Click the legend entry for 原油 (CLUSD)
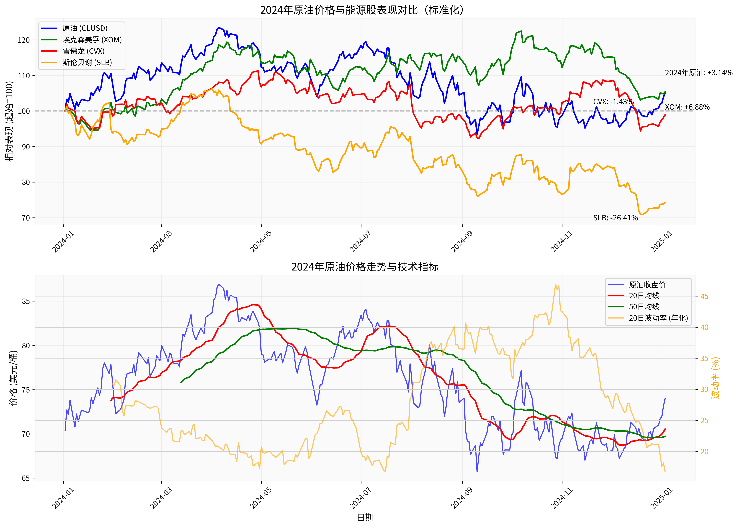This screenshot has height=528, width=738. click(x=84, y=28)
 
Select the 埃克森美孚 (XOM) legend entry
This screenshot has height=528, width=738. click(x=92, y=40)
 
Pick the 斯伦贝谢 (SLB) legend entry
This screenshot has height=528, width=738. click(x=87, y=62)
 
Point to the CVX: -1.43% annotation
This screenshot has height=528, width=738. click(x=613, y=101)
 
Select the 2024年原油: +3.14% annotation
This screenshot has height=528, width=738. click(x=698, y=73)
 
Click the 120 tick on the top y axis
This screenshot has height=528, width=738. click(x=23, y=40)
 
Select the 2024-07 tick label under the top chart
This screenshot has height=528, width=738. click(x=360, y=242)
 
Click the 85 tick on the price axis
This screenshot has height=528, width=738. click(x=26, y=301)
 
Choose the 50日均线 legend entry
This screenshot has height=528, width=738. click(x=644, y=307)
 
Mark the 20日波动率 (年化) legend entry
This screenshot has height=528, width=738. click(x=658, y=318)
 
